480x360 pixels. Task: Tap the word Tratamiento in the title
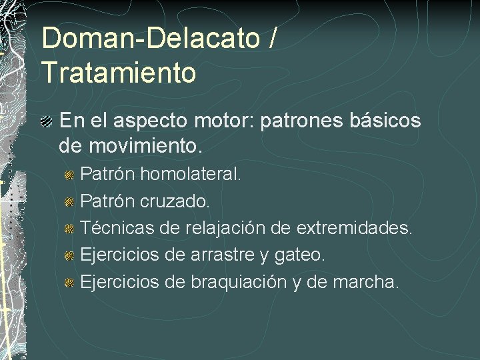(119, 73)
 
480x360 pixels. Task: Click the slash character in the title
(272, 39)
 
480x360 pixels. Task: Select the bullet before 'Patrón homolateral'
(69, 175)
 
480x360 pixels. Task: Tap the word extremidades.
(354, 228)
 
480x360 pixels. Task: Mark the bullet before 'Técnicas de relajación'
(69, 229)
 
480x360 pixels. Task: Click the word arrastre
(223, 255)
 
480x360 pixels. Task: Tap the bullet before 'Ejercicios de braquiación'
(69, 282)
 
